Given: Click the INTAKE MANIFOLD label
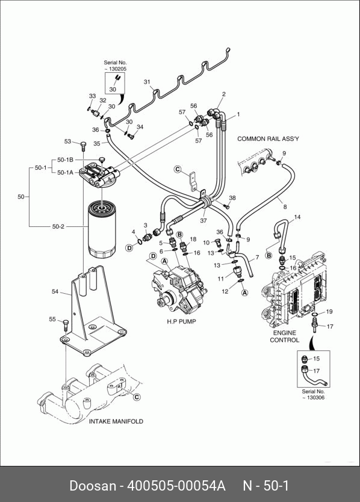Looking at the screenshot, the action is click(x=116, y=421).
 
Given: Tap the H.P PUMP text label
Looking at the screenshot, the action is click(x=181, y=321).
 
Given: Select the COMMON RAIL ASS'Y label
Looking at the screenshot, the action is click(x=268, y=138).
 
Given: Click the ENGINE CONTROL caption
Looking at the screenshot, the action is click(x=284, y=336).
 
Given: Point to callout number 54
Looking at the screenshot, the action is click(x=55, y=291).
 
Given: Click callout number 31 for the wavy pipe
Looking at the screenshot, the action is click(x=147, y=82).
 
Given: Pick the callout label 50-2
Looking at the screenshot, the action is click(x=58, y=227).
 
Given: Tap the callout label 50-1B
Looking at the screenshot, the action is click(x=65, y=160).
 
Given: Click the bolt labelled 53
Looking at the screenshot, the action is click(x=83, y=147).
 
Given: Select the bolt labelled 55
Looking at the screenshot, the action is click(x=66, y=325).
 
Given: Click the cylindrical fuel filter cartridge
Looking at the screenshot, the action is click(x=102, y=229).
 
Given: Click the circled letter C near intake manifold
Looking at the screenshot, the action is click(x=137, y=397).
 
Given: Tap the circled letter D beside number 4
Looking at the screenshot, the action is click(x=129, y=248).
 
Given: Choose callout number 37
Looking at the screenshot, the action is click(x=203, y=220).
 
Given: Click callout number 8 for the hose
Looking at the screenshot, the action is click(x=285, y=207).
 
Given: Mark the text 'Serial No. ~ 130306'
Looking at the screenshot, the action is click(x=313, y=394).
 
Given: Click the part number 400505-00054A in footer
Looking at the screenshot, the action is click(x=176, y=486).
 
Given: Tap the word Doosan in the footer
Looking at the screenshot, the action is click(x=93, y=486).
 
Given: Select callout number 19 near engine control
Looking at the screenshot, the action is click(x=329, y=312).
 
